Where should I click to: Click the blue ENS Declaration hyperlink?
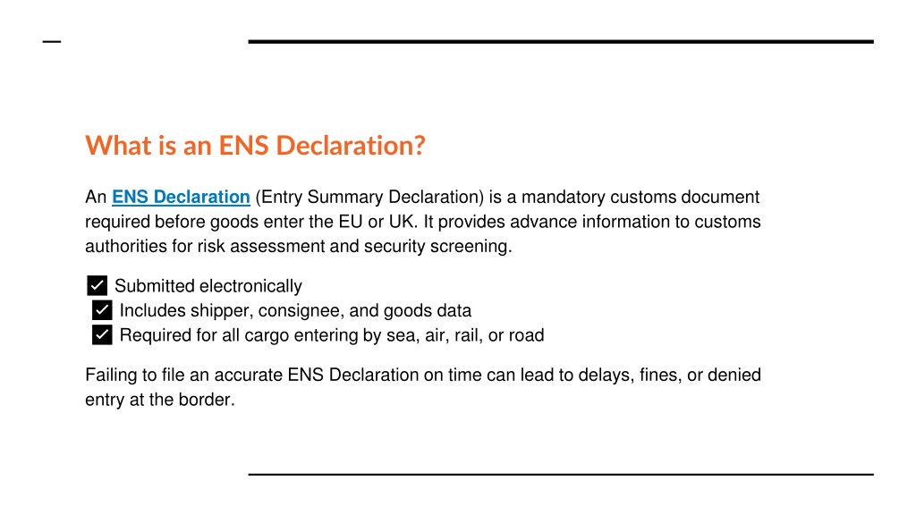[181, 198]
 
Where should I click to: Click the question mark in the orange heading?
[420, 146]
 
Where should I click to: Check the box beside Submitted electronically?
[97, 285]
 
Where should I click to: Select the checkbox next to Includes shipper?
[102, 310]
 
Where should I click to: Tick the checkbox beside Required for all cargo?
[102, 335]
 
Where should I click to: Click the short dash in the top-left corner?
[52, 41]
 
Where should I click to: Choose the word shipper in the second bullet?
[222, 311]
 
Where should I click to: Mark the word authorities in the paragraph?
[125, 247]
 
